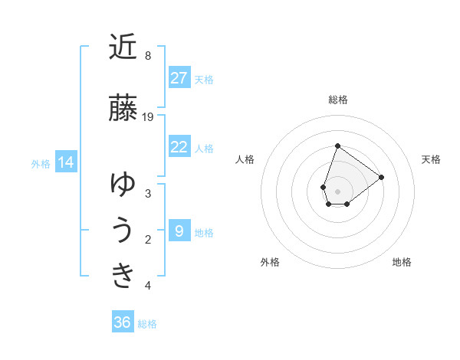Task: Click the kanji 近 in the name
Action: coord(123,47)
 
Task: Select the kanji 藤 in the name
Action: coord(123,108)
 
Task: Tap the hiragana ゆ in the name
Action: coord(123,185)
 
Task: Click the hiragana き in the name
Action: coord(123,274)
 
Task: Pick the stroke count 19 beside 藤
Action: coord(148,117)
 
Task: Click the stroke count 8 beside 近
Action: coord(148,56)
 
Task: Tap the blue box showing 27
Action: coord(179,78)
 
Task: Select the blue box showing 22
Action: coord(179,147)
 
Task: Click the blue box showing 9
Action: coord(179,231)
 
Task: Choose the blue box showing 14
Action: coord(66,162)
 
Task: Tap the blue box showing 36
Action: coord(123,322)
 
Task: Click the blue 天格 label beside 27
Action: coord(204,79)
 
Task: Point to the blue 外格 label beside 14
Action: coord(41,163)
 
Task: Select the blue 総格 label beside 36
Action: coord(147,323)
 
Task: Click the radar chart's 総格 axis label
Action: coord(338,100)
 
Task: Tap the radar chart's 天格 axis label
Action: coord(431,159)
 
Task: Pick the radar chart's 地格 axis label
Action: coord(402,262)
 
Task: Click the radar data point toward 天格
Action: coord(381,177)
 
